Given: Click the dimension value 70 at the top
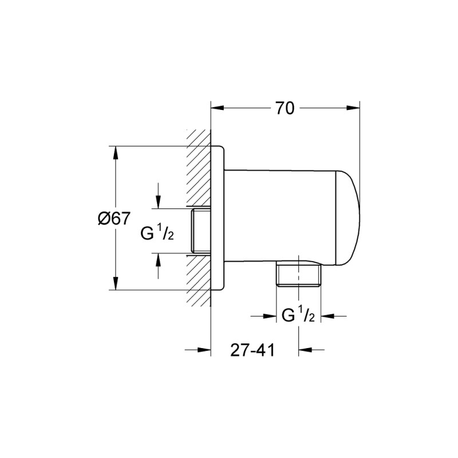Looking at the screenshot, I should click(285, 108).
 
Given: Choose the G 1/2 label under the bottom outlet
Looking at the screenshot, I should click(298, 315).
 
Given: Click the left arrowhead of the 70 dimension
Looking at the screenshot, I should click(218, 108).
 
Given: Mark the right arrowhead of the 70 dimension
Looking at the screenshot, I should click(354, 108).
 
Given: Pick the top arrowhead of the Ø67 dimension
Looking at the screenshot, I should click(116, 153).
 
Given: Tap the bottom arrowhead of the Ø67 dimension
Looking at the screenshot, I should click(116, 284).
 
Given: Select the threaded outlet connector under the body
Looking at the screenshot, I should click(298, 275).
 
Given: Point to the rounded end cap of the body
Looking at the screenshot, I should click(349, 218).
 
